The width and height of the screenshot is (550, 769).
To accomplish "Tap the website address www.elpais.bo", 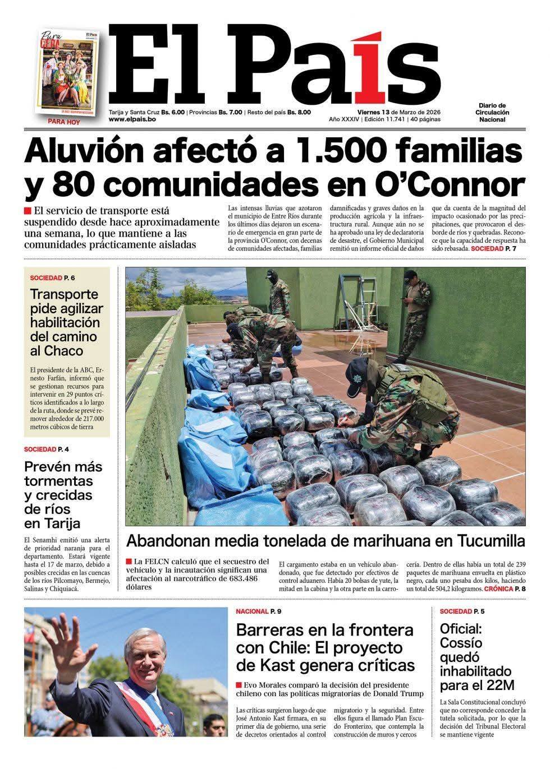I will [132, 119].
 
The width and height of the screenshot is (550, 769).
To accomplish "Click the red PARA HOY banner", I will [63, 121].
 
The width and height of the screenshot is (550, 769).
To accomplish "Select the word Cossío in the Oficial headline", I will [461, 643].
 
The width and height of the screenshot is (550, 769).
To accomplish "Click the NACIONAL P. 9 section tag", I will [258, 611].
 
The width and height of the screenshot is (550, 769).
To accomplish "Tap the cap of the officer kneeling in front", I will [356, 370].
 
